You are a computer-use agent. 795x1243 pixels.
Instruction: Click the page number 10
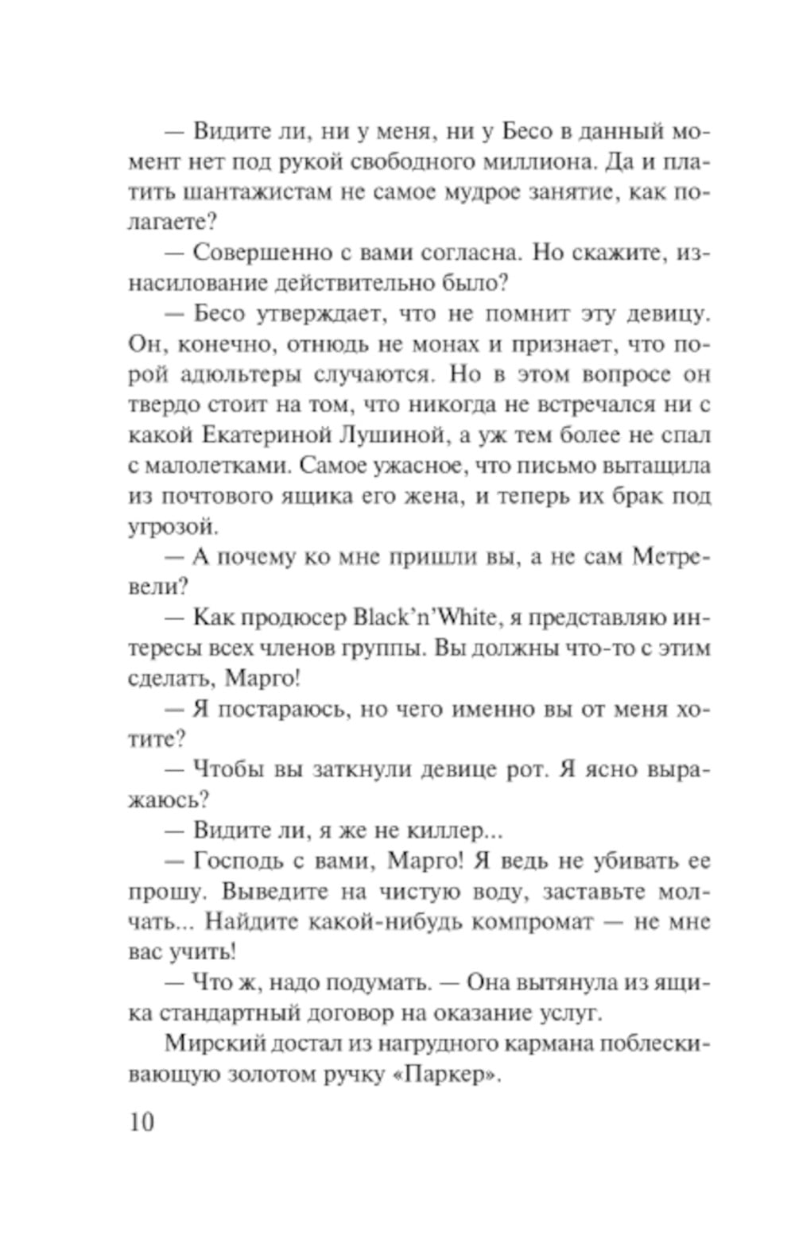[x=141, y=1122]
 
